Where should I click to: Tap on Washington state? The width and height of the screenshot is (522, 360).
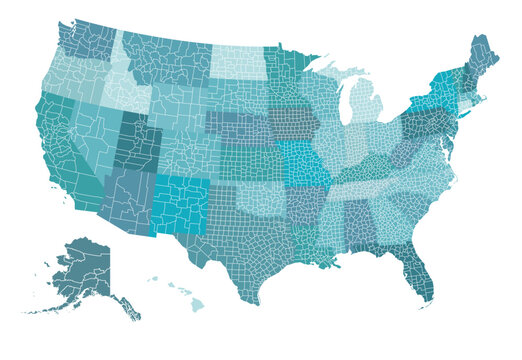[88, 40]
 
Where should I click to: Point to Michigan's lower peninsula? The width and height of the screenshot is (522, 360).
[365, 105]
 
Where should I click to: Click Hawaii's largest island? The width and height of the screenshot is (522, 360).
[197, 305]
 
